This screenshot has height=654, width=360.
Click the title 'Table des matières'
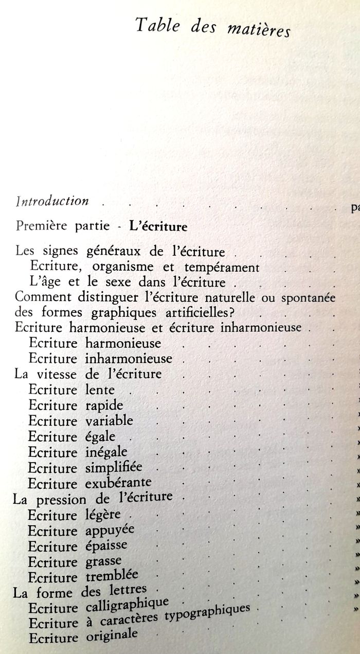coord(213,27)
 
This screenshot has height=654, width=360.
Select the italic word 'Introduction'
coord(52,201)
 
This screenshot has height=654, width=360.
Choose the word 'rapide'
coord(104,405)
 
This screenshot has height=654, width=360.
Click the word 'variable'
coord(109,420)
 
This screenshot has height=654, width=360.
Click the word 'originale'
coord(111,636)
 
